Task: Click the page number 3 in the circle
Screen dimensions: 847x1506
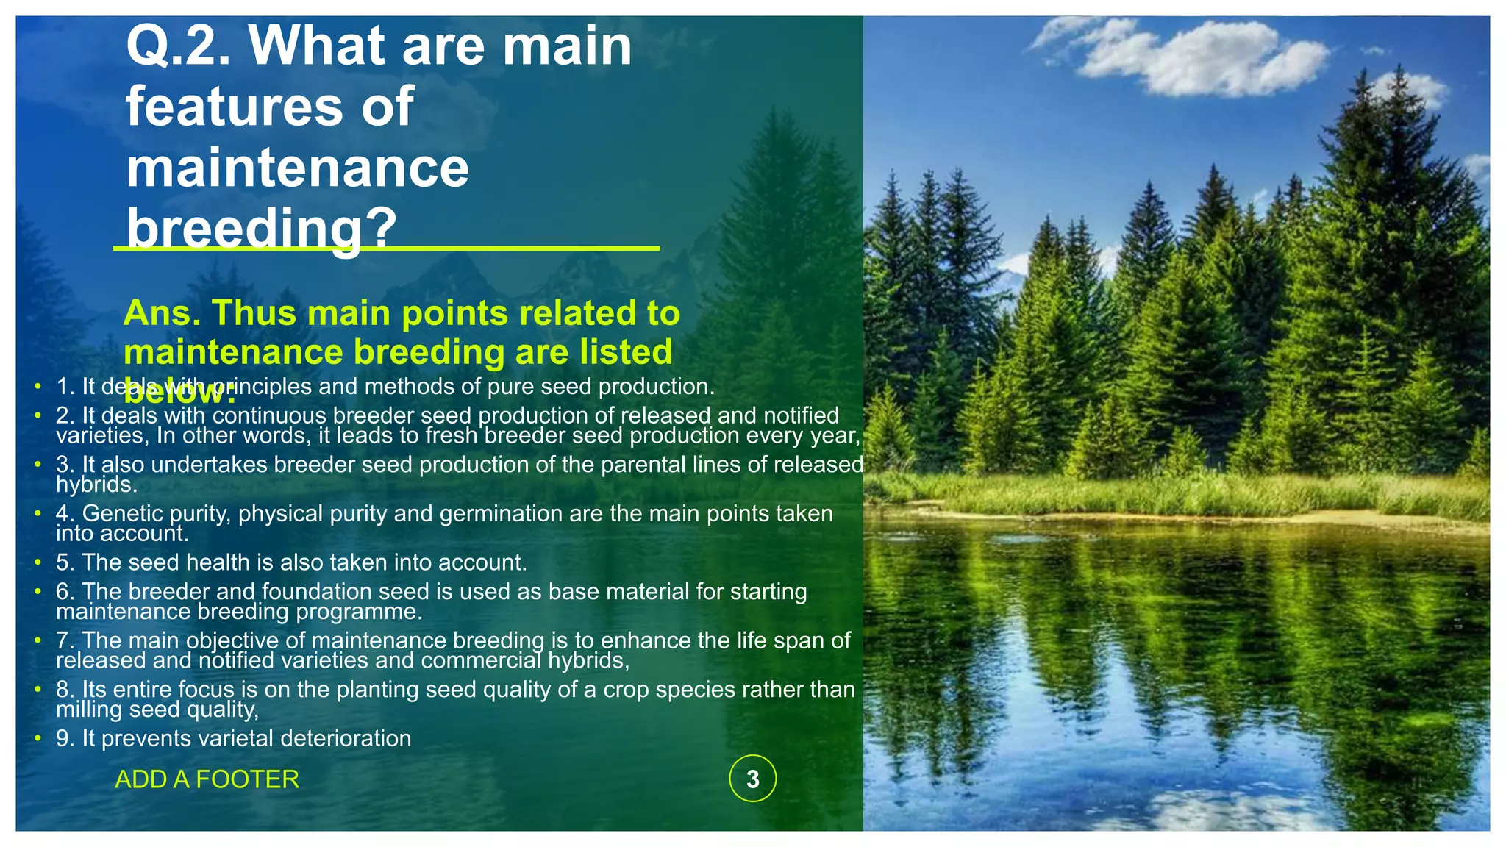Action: coord(752,779)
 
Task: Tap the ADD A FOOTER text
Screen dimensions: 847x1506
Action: coord(207,779)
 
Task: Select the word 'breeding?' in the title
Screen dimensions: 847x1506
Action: coord(261,228)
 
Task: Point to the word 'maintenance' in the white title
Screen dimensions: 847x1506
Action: coord(297,168)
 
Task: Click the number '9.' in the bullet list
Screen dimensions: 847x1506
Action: coord(65,738)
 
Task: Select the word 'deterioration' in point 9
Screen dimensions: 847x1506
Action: coord(346,738)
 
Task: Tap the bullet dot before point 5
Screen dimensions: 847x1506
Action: coord(38,562)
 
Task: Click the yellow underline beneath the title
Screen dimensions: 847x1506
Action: coord(515,249)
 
